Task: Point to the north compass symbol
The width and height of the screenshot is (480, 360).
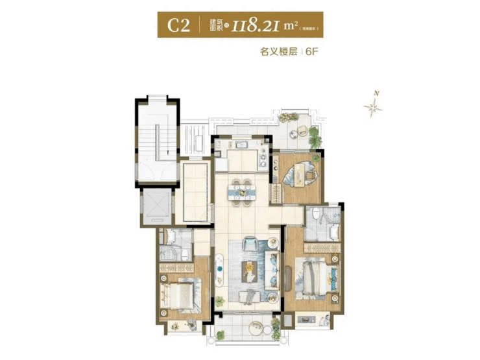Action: [374, 108]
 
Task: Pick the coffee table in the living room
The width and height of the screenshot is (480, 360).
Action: [249, 269]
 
